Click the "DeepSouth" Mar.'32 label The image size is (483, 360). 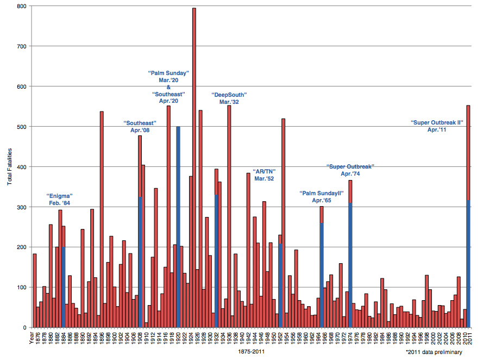(229, 98)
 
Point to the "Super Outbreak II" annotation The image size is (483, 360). (436, 126)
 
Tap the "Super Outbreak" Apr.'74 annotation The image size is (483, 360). (350, 170)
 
